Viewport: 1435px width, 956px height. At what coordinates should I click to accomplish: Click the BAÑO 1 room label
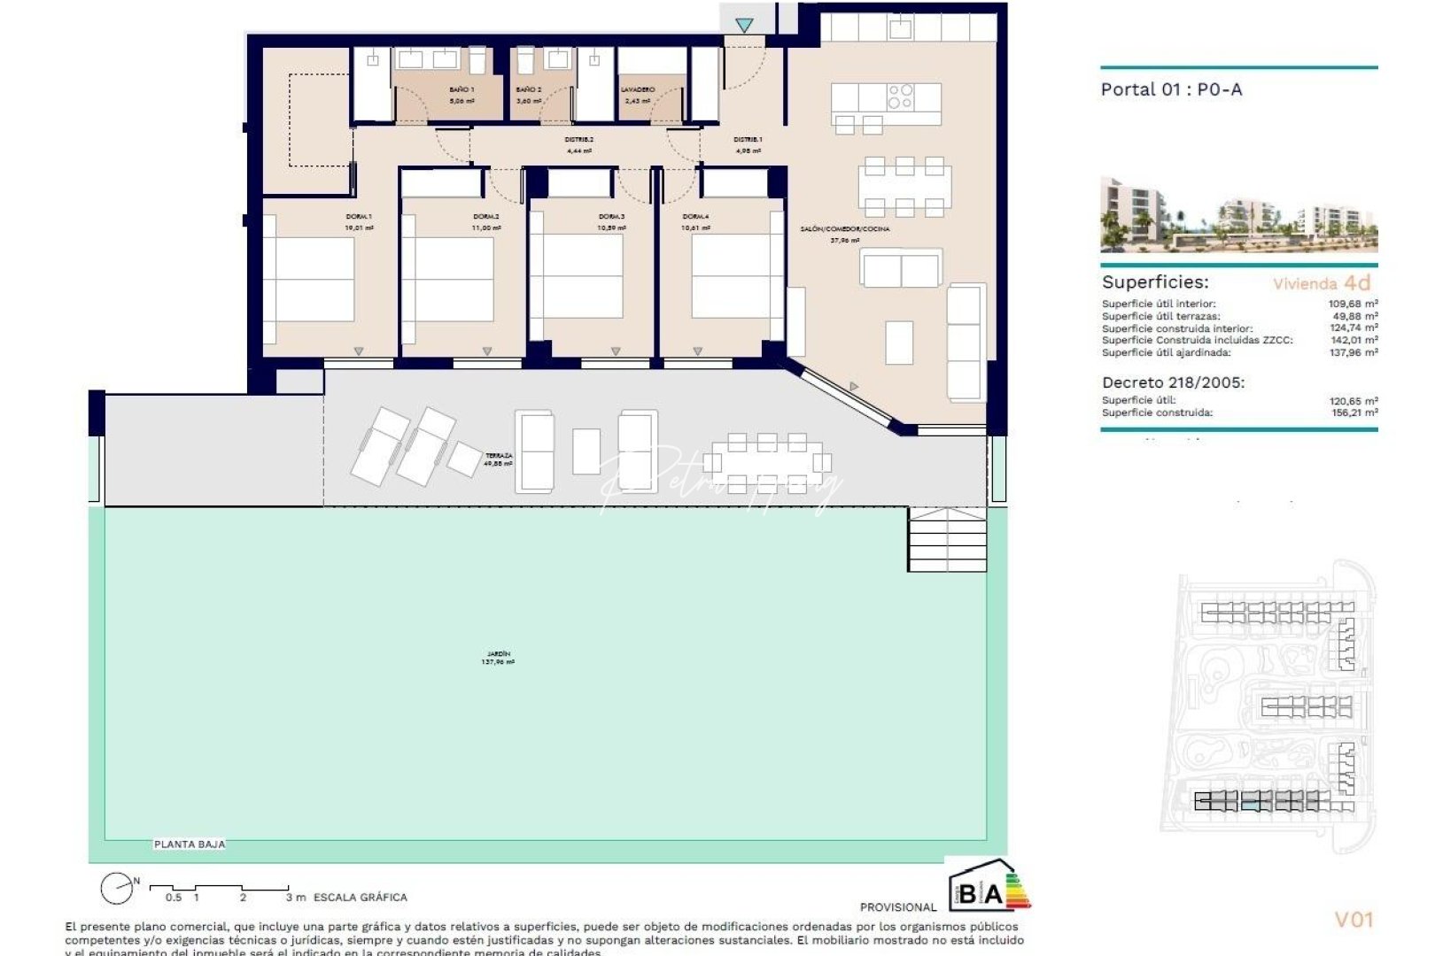(461, 89)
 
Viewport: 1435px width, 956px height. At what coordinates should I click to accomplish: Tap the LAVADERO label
(637, 89)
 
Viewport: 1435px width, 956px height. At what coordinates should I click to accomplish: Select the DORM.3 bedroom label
(611, 217)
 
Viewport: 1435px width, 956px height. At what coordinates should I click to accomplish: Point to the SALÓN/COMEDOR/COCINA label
(844, 229)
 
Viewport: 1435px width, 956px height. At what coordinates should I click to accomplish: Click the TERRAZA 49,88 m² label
(499, 459)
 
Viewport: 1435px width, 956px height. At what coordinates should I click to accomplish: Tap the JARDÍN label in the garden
(498, 657)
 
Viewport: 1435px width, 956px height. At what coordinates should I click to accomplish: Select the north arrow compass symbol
(117, 888)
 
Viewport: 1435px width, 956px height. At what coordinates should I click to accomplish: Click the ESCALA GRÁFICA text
(360, 898)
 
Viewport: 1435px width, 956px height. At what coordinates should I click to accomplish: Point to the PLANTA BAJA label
(190, 844)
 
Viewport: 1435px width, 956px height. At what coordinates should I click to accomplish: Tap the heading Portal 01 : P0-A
(1170, 89)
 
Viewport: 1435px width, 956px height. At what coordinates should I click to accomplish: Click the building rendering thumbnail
(1238, 214)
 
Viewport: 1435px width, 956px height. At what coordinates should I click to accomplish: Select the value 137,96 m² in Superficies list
(1353, 352)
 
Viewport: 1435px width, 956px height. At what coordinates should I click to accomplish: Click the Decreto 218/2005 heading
(1173, 383)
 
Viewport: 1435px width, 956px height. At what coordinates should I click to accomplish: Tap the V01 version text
(1353, 920)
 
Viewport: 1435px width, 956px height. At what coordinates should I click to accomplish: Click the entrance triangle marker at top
(744, 26)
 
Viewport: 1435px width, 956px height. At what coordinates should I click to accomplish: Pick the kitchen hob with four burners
(900, 96)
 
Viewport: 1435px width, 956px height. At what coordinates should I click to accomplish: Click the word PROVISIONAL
(897, 907)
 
